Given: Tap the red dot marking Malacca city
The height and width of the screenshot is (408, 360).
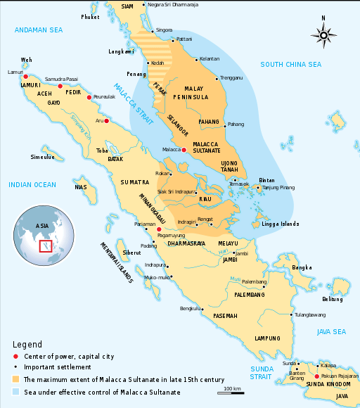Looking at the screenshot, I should pos(184,150).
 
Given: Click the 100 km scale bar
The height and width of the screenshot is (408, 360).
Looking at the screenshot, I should pos(233,391).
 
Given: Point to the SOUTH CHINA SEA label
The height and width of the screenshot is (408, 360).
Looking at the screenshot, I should pos(290,65).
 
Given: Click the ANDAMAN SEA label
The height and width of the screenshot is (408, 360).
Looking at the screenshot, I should pos(39,30).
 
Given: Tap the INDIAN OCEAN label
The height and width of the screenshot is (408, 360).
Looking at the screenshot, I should pos(32,184).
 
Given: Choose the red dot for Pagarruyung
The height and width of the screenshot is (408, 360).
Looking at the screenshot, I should pos(159,229).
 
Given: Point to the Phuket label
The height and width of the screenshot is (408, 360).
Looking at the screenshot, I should pos(90,16).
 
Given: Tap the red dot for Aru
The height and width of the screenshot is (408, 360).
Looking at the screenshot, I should pos(108,120).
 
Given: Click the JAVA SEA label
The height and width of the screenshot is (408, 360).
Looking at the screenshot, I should pos(331,331).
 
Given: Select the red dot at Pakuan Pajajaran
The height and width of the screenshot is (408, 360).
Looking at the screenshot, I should pos(317,377).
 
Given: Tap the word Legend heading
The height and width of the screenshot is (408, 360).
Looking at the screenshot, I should pos(27,344).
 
